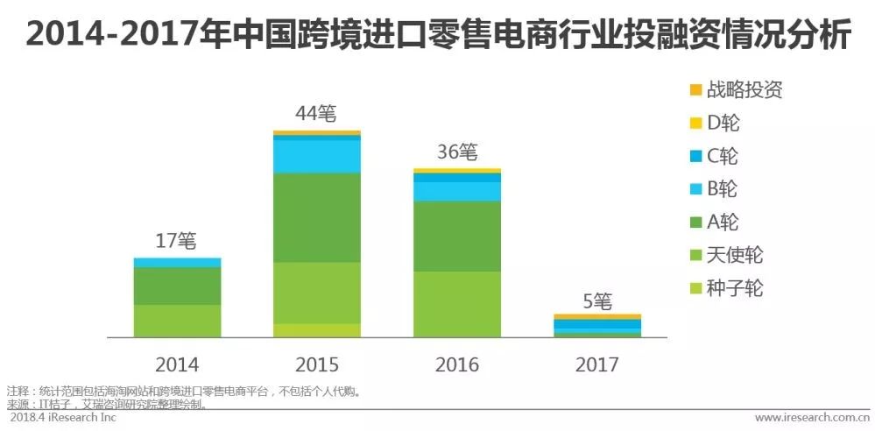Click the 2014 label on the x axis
point(177,364)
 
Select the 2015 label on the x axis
point(316,364)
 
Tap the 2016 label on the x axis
point(456,364)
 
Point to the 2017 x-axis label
point(596,364)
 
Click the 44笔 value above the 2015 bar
point(316,115)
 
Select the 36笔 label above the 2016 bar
point(456,152)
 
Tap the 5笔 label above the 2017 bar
point(596,300)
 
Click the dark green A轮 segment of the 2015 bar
point(316,217)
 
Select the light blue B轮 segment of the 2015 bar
point(316,156)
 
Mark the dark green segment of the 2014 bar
point(177,286)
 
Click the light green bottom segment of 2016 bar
point(456,304)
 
